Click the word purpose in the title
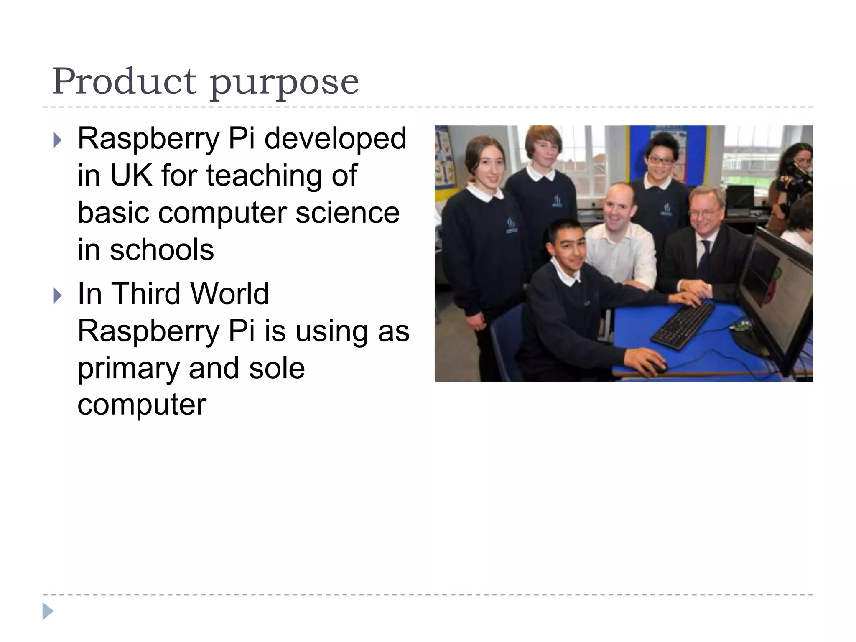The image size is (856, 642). coord(284,84)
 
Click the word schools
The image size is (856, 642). coord(162,250)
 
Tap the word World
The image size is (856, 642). coord(230,293)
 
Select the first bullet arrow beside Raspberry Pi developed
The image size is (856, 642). coord(57,141)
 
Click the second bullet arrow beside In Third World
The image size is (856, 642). coord(57,296)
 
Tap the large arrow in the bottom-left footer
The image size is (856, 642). coord(48,611)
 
